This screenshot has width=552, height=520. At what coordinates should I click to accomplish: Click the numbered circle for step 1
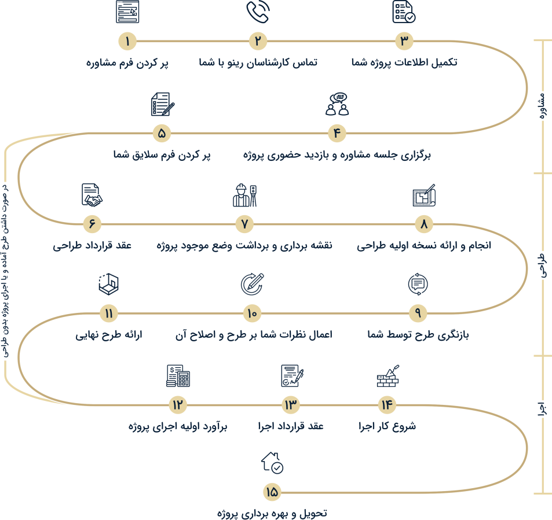pyautogui.click(x=127, y=41)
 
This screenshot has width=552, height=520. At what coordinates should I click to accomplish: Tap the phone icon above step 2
pyautogui.click(x=258, y=12)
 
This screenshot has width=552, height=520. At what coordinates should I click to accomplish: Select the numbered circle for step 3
pyautogui.click(x=404, y=41)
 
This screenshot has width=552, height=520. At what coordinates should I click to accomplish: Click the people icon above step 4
pyautogui.click(x=337, y=104)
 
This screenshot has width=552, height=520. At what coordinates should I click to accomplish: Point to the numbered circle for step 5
pyautogui.click(x=162, y=133)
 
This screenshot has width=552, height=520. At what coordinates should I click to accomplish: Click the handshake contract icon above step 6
pyautogui.click(x=92, y=195)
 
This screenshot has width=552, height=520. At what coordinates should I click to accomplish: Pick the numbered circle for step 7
pyautogui.click(x=244, y=223)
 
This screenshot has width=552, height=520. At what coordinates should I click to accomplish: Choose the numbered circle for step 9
pyautogui.click(x=418, y=314)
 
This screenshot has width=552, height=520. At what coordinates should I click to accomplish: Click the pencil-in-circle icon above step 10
pyautogui.click(x=252, y=284)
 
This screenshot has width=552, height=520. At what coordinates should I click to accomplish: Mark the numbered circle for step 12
pyautogui.click(x=177, y=404)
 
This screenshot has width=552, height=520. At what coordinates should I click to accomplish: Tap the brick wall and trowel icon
pyautogui.click(x=388, y=376)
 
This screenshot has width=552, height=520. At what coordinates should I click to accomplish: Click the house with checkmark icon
pyautogui.click(x=272, y=463)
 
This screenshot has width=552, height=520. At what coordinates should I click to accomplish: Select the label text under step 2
pyautogui.click(x=258, y=62)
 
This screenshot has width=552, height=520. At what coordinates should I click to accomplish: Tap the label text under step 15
pyautogui.click(x=272, y=513)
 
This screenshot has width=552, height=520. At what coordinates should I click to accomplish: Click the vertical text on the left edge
pyautogui.click(x=6, y=255)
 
